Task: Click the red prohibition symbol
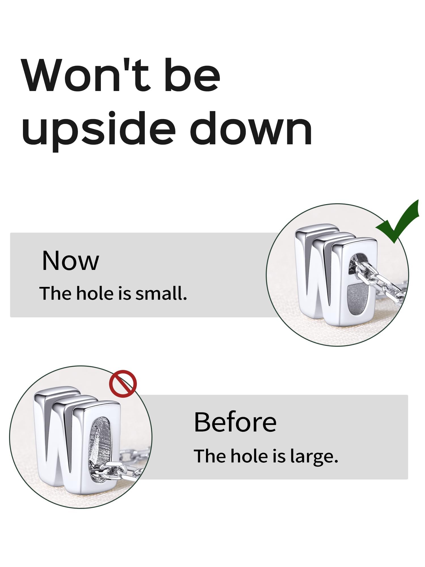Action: click(x=123, y=384)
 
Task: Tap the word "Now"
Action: click(x=71, y=261)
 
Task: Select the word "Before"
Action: click(x=235, y=422)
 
